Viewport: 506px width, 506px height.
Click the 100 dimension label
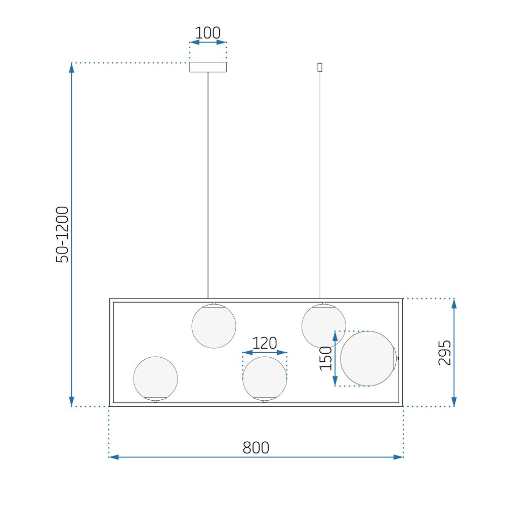[x=207, y=32]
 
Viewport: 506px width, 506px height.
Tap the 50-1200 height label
[x=62, y=235]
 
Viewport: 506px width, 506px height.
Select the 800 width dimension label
[x=256, y=448]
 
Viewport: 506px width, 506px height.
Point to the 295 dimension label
[x=444, y=352]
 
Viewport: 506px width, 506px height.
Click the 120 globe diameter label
[x=264, y=343]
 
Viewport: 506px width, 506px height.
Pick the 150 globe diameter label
[x=325, y=359]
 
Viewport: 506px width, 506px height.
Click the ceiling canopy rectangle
[x=208, y=67]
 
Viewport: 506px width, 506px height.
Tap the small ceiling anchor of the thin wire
[x=320, y=67]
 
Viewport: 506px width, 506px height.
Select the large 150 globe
[x=368, y=359]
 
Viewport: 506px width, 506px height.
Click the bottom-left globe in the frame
[x=155, y=378]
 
